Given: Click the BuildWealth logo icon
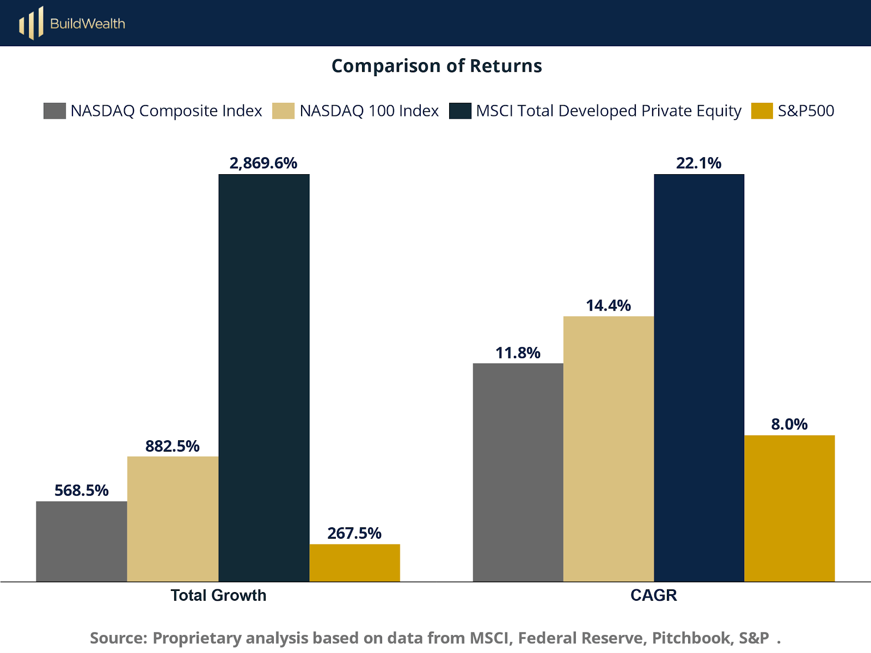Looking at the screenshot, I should pos(31,23).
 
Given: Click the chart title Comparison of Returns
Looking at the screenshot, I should pos(437,66).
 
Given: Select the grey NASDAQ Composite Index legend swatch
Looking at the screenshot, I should pos(54,110).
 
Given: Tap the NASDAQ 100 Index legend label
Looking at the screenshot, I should pos(369,110).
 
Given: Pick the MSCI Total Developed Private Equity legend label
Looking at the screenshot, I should pos(608,110).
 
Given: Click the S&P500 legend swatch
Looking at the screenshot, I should pos(762,110).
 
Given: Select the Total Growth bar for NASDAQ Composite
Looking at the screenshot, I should pos(82,541).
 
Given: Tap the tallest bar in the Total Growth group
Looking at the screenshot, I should pos(264,378).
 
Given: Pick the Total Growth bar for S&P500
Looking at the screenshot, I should pos(354,563).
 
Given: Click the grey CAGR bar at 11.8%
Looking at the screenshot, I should pos(518,472).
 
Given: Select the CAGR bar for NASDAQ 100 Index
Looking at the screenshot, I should pos(608,449).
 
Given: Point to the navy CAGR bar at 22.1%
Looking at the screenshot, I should pos(699,378).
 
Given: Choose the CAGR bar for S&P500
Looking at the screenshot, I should pos(789,508).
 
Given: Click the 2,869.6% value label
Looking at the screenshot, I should pos(263,163).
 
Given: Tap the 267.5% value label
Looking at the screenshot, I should pos(354,533).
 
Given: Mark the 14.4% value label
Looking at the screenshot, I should pos(608,305).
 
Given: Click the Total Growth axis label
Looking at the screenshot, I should pos(218,595).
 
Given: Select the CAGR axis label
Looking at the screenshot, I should pos(653,595).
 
